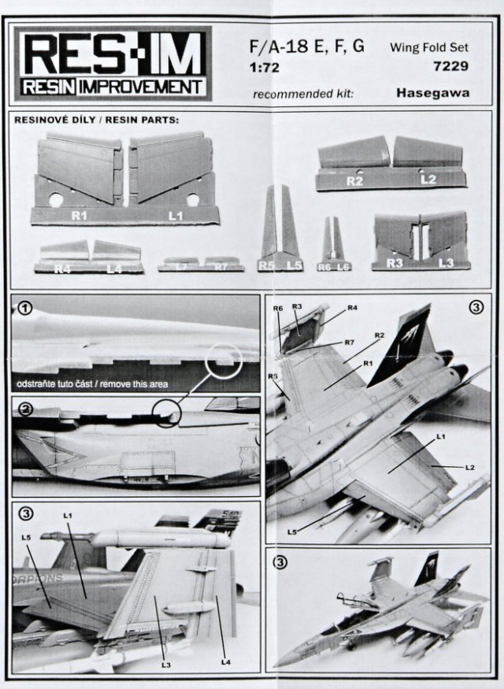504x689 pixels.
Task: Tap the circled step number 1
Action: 26,309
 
